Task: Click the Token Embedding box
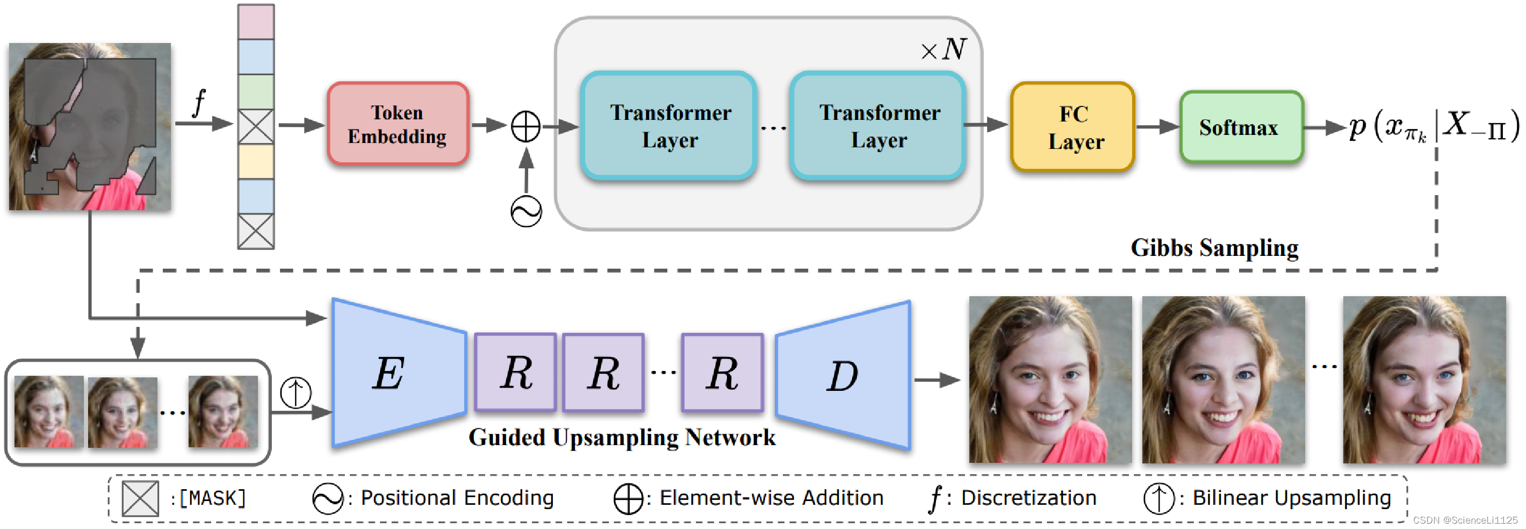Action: click(x=398, y=124)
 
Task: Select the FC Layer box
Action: click(x=1073, y=127)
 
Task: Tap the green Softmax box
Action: click(x=1241, y=127)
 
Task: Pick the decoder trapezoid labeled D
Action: click(x=844, y=375)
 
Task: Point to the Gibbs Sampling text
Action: click(x=1214, y=248)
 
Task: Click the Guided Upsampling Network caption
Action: click(x=622, y=438)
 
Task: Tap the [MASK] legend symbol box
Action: click(x=140, y=498)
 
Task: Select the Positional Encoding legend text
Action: click(x=457, y=498)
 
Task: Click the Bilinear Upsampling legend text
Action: click(x=1291, y=498)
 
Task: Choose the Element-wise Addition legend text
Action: click(x=771, y=498)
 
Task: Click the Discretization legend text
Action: click(x=1028, y=498)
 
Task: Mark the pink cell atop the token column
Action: click(x=256, y=22)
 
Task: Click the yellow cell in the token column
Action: click(x=256, y=162)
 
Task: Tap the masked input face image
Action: click(x=90, y=126)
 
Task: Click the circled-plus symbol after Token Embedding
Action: click(x=526, y=126)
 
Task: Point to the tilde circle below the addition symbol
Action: click(x=526, y=211)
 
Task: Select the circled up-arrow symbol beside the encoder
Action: click(x=296, y=392)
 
